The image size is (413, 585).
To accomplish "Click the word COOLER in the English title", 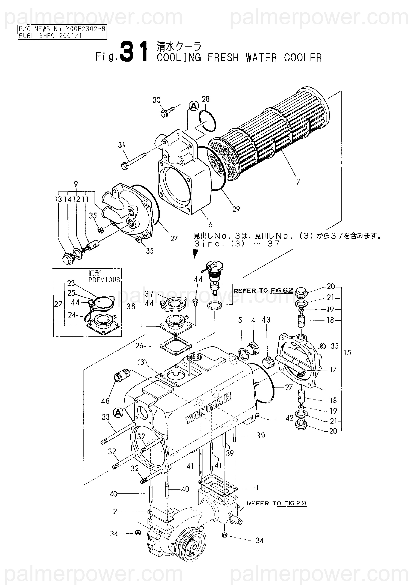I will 303,58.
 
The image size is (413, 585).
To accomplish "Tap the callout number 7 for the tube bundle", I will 298,182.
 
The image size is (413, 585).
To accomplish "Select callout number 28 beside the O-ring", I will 206,99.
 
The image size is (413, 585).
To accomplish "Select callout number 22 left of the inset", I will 58,304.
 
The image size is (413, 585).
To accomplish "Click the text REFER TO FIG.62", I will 263,290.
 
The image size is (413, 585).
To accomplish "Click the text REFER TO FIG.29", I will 276,503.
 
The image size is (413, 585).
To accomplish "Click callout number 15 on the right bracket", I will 347,353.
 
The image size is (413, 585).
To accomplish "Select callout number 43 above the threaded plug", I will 266,320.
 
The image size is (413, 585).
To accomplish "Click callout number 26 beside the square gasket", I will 139,346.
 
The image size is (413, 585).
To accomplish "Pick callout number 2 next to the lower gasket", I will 115,511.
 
